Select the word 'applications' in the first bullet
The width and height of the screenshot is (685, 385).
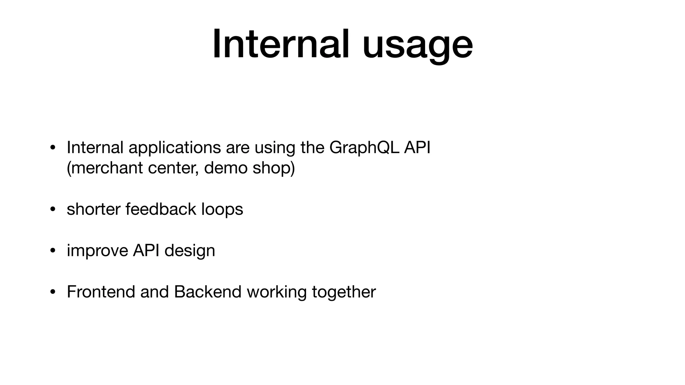click(175, 147)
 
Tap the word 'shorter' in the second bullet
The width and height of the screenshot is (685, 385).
click(93, 209)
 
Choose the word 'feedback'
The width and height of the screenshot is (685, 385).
click(161, 209)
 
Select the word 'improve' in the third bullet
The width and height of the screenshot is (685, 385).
click(97, 251)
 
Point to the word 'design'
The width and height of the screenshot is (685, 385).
click(190, 251)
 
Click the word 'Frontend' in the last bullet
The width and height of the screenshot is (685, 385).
click(101, 292)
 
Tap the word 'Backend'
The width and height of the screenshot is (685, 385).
click(208, 292)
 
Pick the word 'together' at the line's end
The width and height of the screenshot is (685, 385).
click(344, 292)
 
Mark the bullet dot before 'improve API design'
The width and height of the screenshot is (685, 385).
click(52, 251)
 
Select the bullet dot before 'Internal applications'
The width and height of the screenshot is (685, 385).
click(52, 148)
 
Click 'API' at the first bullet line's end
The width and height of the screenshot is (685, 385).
click(417, 147)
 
